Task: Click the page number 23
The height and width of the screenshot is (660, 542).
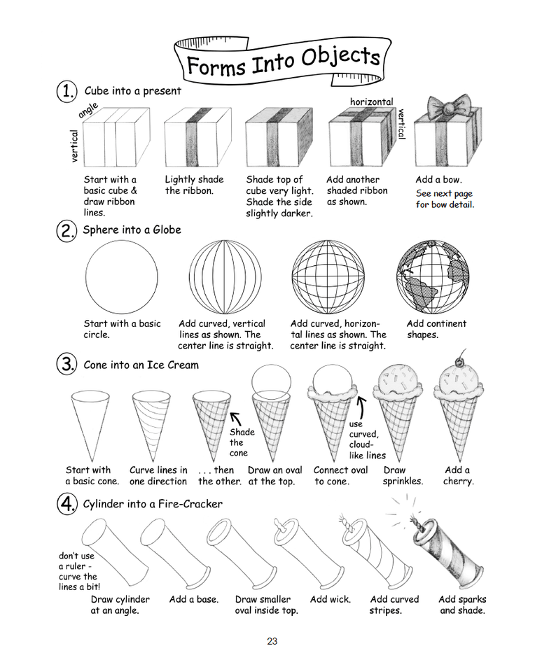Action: click(x=272, y=640)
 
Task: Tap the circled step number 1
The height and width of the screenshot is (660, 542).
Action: click(x=67, y=91)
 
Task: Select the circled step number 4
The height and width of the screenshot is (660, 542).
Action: click(x=67, y=505)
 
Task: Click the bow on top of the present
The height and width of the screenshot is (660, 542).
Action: click(x=445, y=108)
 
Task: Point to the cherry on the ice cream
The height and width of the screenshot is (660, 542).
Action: click(x=459, y=361)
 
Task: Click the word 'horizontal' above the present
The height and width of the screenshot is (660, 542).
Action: click(x=372, y=102)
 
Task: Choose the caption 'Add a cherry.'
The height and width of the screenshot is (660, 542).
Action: click(x=458, y=476)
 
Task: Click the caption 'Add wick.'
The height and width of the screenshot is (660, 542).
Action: click(x=330, y=599)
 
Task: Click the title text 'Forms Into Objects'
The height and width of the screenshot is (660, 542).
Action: click(x=283, y=60)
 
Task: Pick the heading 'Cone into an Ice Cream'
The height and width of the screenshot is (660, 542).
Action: click(x=141, y=365)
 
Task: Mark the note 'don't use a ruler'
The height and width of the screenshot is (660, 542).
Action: click(x=78, y=571)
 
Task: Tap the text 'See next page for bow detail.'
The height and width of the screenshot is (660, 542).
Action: click(x=445, y=199)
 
